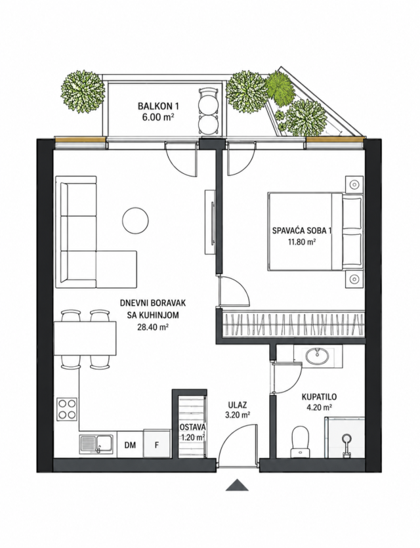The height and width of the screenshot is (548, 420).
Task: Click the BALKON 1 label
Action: tap(156, 106)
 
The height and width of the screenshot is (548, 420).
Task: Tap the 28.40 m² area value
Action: tap(153, 327)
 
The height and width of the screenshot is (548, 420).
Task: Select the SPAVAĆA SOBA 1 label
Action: tap(302, 230)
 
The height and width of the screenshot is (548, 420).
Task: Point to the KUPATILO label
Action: tap(319, 396)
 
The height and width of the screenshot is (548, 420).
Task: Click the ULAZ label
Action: tap(238, 405)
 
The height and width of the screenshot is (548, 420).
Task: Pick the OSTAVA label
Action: tap(192, 427)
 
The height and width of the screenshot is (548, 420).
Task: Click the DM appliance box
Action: tap(131, 444)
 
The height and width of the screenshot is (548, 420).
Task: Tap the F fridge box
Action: tap(157, 444)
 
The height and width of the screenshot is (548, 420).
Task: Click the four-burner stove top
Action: tap(67, 409)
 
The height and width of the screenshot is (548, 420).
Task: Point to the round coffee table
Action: tap(136, 220)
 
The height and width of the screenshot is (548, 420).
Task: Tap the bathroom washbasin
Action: tap(317, 356)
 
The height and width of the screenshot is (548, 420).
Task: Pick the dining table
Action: tap(85, 338)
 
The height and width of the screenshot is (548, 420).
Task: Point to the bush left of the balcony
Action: tap(83, 92)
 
